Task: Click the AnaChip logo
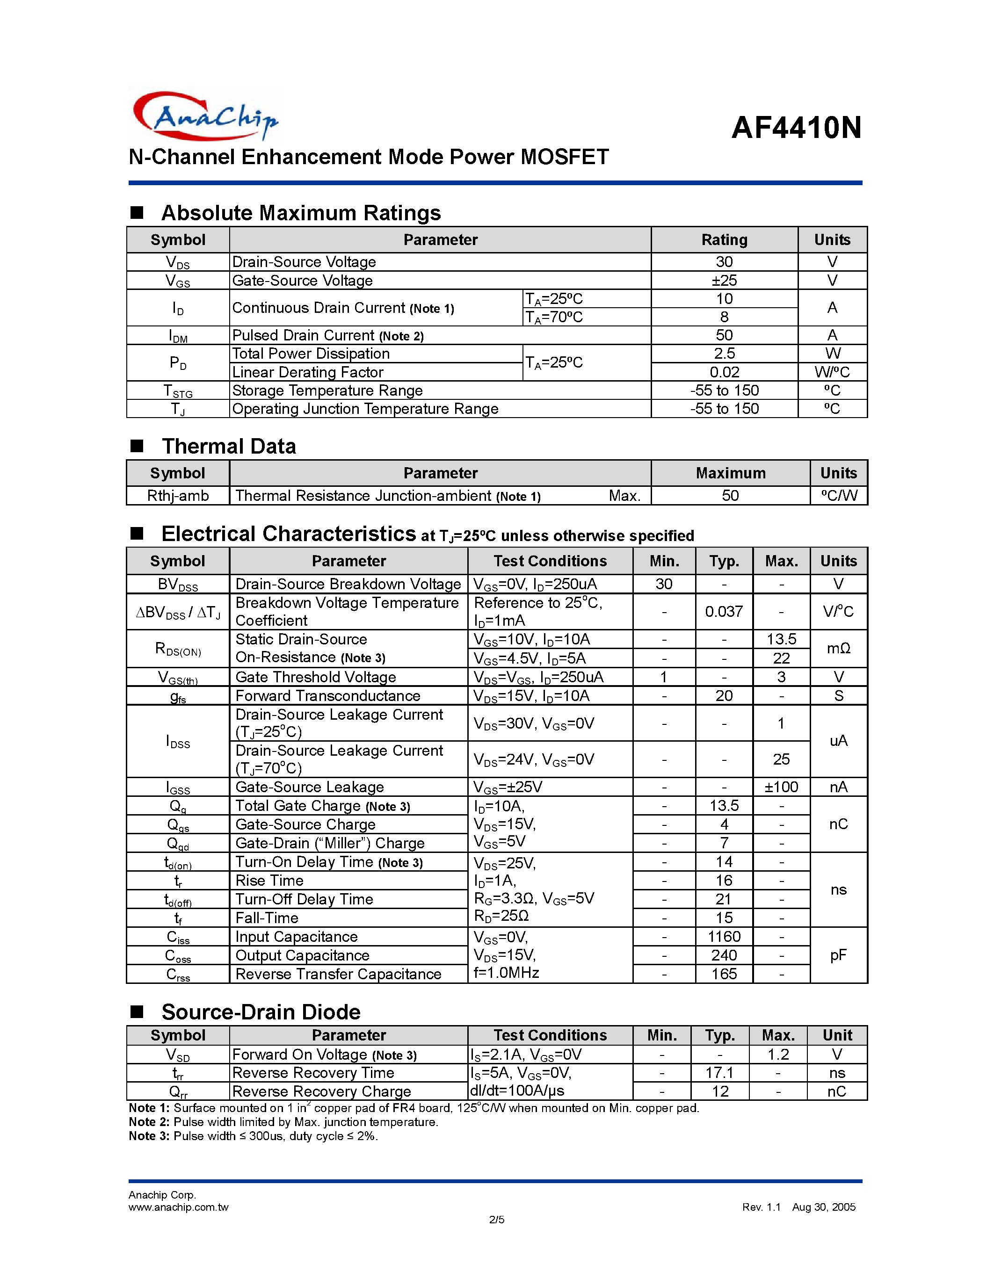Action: tap(205, 116)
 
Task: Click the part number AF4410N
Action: tap(796, 127)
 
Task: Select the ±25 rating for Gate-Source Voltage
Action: tap(724, 280)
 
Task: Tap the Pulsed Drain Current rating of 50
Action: tap(724, 335)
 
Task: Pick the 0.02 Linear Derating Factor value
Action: tap(724, 372)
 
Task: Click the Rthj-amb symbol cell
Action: tap(178, 496)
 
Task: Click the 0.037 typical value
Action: tap(724, 612)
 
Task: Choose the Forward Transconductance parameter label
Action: tap(327, 696)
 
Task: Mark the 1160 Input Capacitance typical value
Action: tap(724, 937)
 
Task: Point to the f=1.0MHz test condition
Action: tap(507, 973)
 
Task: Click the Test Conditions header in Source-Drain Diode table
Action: tap(550, 1035)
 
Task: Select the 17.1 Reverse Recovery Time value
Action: tap(719, 1073)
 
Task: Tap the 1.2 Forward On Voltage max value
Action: tap(778, 1055)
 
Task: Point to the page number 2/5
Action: tap(496, 1220)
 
